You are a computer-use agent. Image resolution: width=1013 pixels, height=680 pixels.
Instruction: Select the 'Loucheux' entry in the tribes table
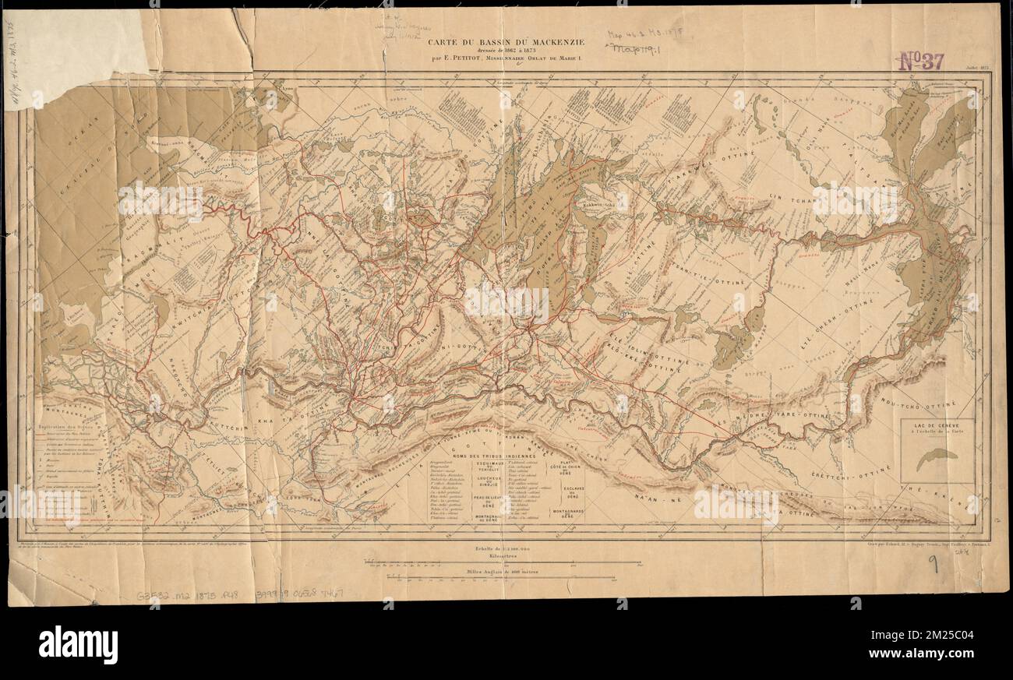[x=488, y=479]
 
